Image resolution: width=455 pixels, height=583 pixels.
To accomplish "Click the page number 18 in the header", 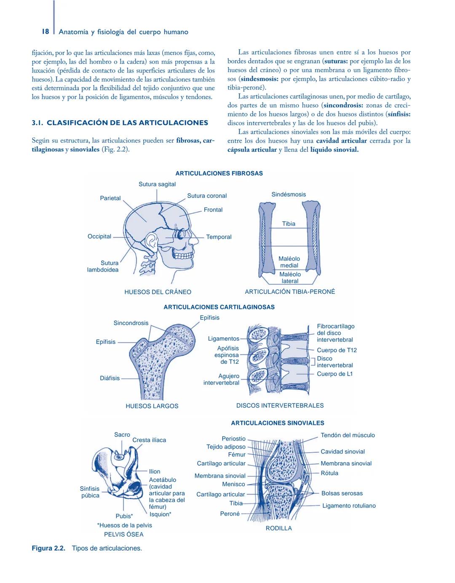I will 45,32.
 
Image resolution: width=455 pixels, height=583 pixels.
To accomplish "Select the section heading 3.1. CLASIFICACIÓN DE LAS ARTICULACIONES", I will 120,123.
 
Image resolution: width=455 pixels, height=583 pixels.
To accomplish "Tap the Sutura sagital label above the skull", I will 157,184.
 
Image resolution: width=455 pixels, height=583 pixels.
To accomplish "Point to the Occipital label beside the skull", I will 99,236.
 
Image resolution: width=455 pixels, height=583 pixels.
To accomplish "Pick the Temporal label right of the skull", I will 219,237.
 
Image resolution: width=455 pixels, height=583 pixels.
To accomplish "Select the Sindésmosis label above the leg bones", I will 289,194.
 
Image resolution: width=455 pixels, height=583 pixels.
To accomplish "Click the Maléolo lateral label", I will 290,278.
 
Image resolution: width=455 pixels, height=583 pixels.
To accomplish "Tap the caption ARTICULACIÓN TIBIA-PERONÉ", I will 290,292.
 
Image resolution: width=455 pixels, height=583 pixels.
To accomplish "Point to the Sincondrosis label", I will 131,323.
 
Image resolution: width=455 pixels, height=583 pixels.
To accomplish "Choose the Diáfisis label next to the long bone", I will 110,378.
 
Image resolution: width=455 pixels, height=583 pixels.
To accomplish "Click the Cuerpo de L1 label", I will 335,374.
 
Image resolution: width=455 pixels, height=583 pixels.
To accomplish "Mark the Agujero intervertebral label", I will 222,379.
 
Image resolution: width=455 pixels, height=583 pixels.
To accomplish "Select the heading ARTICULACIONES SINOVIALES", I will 278,423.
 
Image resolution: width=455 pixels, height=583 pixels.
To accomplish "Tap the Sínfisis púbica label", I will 90,492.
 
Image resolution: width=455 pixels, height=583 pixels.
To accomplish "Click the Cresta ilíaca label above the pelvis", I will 149,440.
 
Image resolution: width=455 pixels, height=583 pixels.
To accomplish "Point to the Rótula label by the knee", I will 329,473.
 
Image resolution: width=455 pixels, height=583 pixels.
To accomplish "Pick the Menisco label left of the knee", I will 233,484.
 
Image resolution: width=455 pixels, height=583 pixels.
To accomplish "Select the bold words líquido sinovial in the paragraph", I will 334,150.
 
